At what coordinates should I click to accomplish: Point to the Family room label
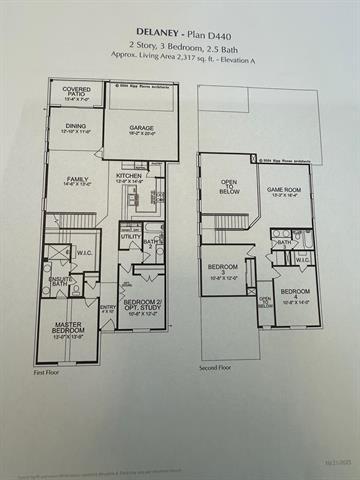[x=68, y=181]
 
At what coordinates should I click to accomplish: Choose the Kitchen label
[x=129, y=177]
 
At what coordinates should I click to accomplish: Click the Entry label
[x=108, y=307]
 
